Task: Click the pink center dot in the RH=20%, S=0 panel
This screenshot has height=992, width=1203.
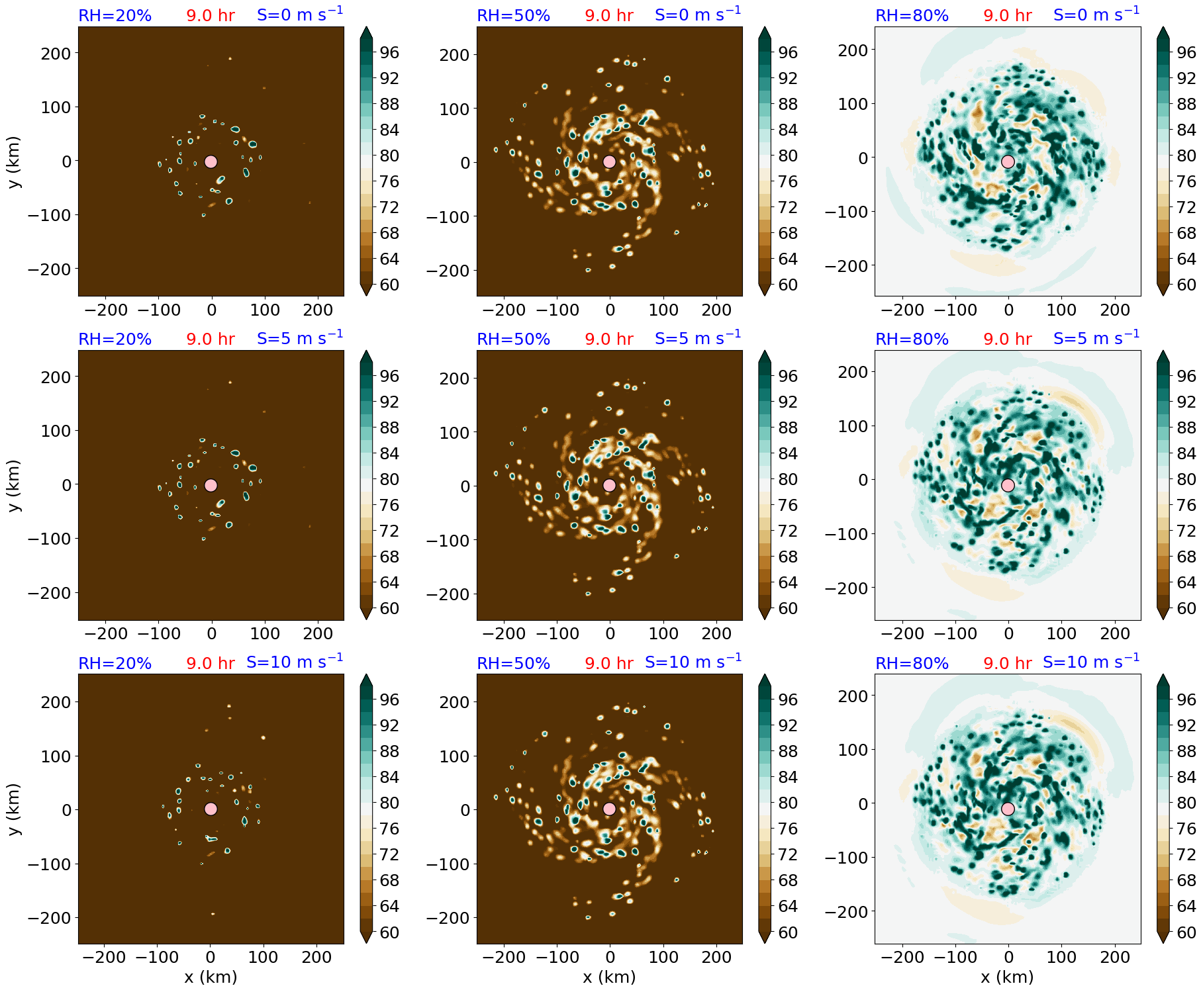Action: click(x=211, y=161)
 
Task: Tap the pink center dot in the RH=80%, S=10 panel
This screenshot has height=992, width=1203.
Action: click(x=1008, y=809)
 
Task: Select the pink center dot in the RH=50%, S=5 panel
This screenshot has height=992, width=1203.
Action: click(x=609, y=485)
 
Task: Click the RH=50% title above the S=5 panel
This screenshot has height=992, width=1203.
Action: click(x=513, y=339)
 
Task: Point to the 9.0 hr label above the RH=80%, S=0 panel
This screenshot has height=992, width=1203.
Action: click(x=1007, y=15)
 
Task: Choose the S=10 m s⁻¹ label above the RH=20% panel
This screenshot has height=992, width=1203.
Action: click(x=295, y=662)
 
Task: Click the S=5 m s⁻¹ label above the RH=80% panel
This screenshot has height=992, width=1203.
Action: click(x=1096, y=338)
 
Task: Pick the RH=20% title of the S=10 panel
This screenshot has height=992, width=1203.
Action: click(x=115, y=663)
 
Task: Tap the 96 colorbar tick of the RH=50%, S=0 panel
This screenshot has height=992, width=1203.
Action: click(x=787, y=52)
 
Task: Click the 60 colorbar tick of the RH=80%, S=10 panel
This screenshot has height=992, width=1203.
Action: click(x=1186, y=932)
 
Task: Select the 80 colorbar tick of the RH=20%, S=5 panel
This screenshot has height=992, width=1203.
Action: click(x=389, y=479)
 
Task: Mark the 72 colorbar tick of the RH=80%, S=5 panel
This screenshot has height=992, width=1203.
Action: click(x=1186, y=531)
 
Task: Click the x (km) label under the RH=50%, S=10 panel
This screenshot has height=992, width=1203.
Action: click(x=609, y=977)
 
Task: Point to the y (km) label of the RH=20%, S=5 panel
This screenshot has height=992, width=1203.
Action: click(x=15, y=485)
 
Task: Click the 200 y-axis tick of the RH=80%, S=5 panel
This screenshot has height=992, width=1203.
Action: click(x=853, y=372)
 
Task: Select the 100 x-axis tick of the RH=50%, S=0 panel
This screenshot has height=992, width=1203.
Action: click(x=663, y=310)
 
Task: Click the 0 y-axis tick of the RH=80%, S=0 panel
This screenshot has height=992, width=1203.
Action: click(x=863, y=158)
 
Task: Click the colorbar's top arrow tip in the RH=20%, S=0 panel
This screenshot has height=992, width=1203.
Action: click(x=366, y=28)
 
